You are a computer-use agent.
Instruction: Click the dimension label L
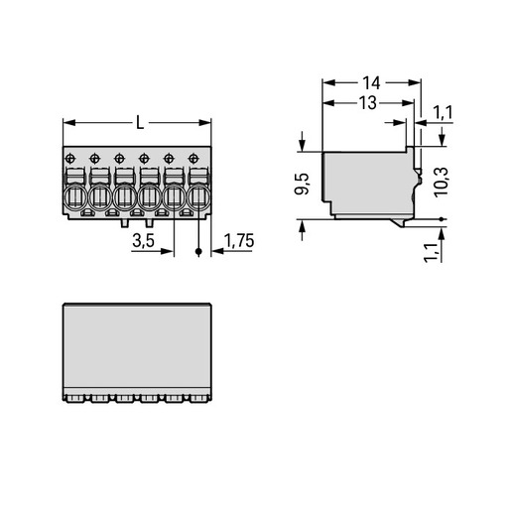pyautogui.click(x=140, y=123)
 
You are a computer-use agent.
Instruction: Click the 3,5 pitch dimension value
pyautogui.click(x=143, y=240)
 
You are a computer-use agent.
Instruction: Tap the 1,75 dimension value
pyautogui.click(x=239, y=240)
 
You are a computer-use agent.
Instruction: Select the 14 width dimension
pyautogui.click(x=371, y=82)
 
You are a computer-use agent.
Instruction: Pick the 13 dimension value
pyautogui.click(x=368, y=103)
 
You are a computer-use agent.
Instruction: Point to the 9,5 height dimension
pyautogui.click(x=302, y=184)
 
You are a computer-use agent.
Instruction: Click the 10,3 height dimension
pyautogui.click(x=442, y=183)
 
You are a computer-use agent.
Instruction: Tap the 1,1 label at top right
pyautogui.click(x=443, y=113)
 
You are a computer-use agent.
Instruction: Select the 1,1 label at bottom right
pyautogui.click(x=432, y=253)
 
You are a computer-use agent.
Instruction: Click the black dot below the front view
pyautogui.click(x=198, y=252)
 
